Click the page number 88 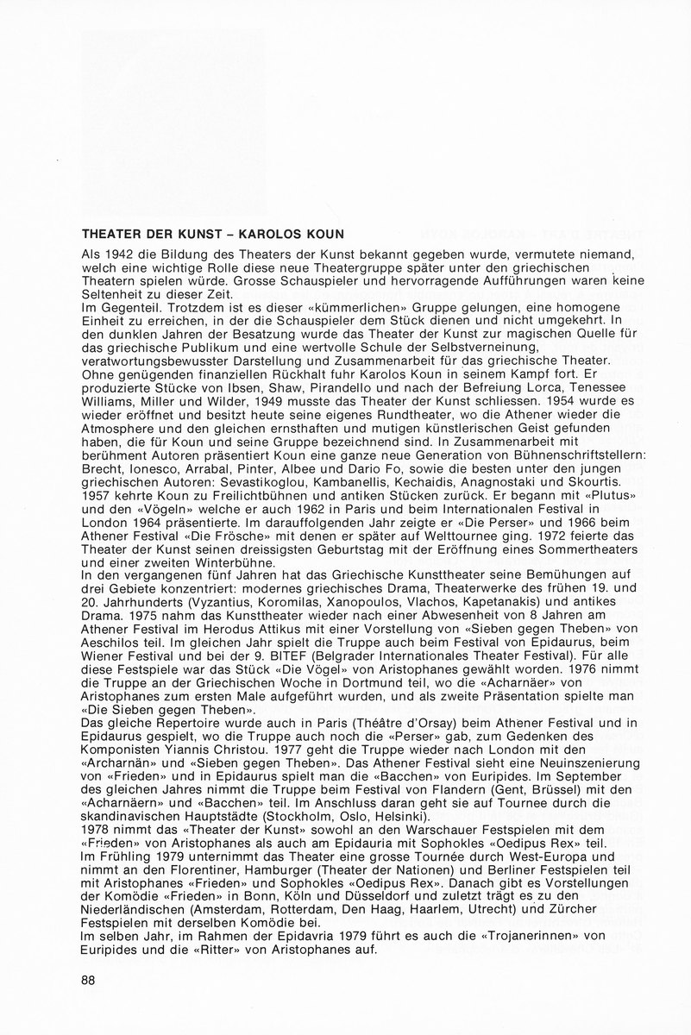[x=87, y=980]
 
